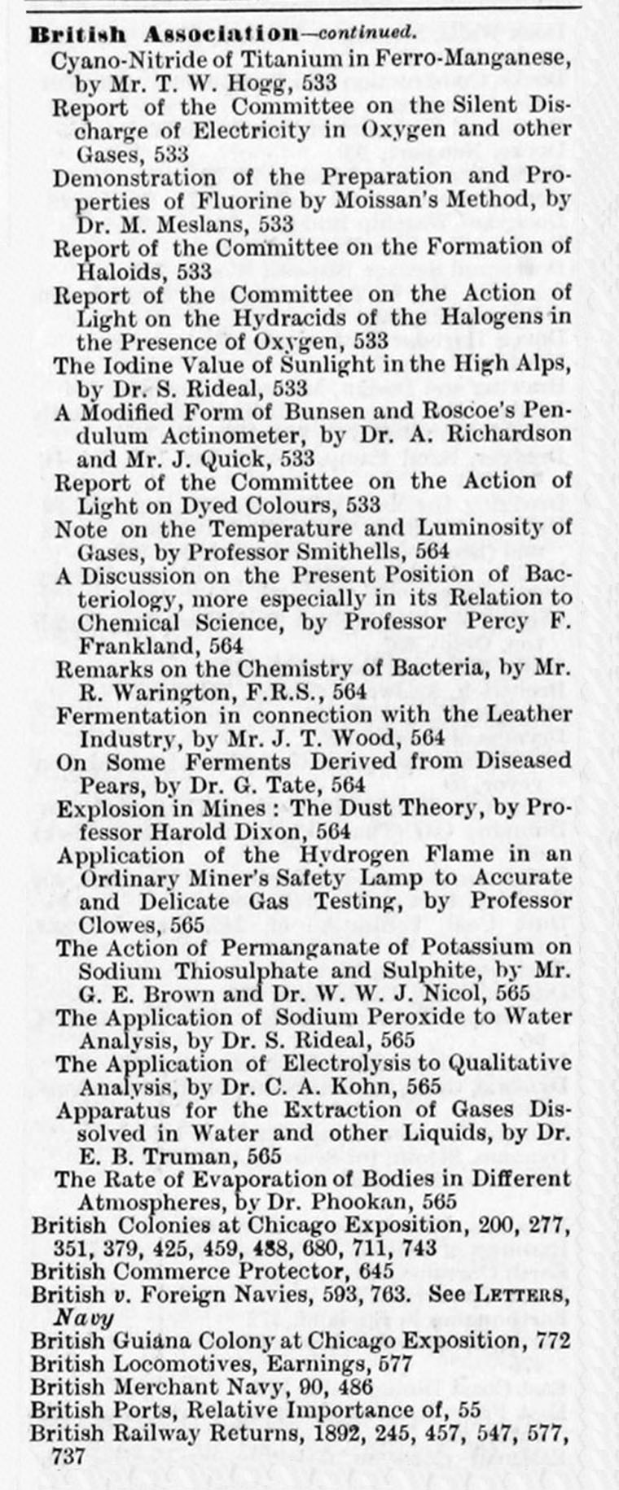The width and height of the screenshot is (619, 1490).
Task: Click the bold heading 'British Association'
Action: (164, 34)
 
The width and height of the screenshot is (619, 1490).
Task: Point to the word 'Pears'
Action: (103, 786)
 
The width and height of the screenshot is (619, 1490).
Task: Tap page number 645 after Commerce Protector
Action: (375, 1271)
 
